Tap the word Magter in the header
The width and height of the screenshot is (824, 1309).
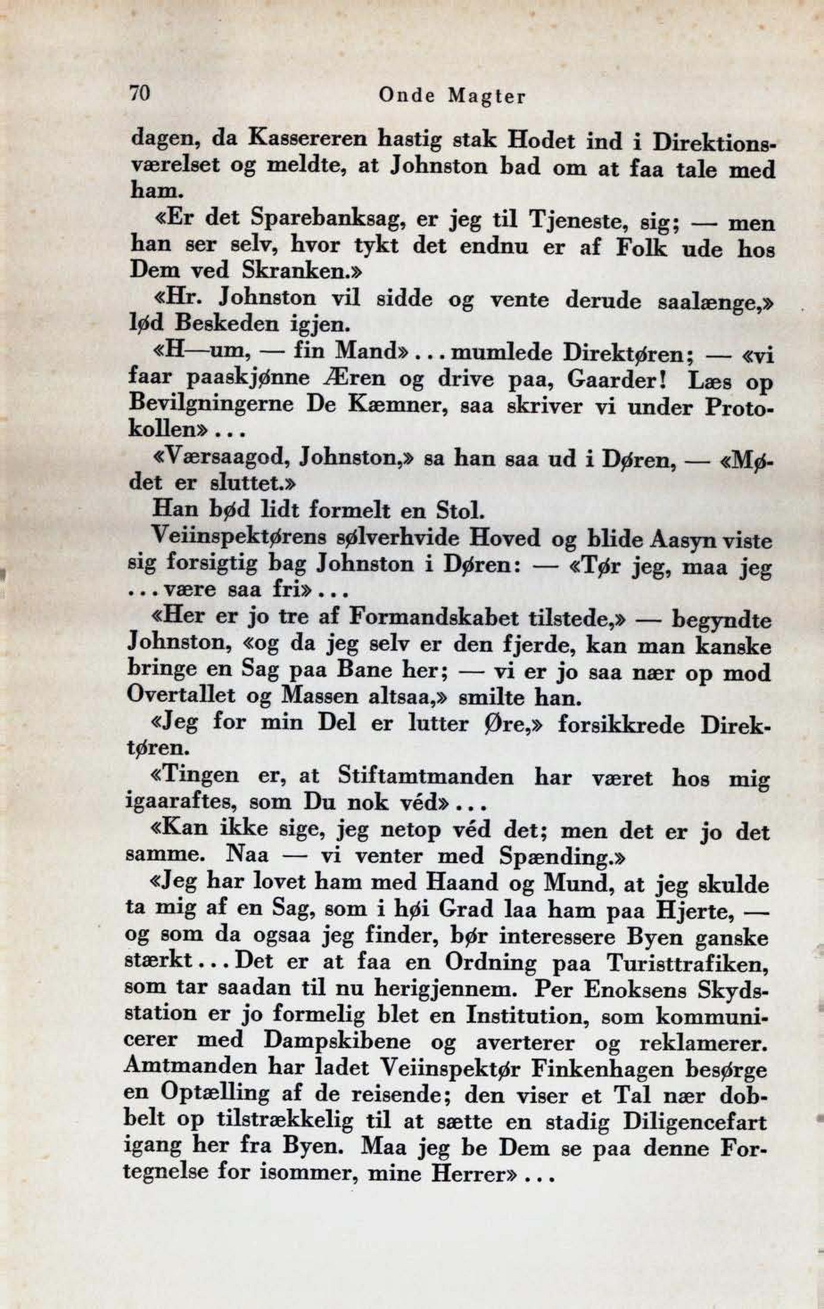[488, 97]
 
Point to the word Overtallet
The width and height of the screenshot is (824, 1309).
[181, 696]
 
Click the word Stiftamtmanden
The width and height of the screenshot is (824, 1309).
[426, 776]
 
